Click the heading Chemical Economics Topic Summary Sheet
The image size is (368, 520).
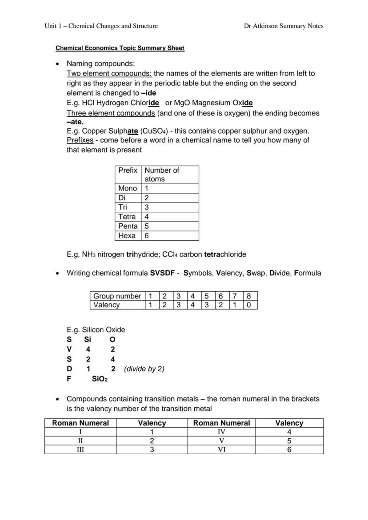[x=120, y=48]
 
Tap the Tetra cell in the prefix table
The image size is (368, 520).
[x=127, y=217]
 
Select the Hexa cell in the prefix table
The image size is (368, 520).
[x=127, y=236]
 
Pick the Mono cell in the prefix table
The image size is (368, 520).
[x=128, y=188]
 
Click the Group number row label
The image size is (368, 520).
[x=117, y=296]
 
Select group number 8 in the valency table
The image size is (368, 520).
[x=249, y=296]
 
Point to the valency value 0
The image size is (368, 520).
[x=249, y=305]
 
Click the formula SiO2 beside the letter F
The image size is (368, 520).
[x=100, y=379]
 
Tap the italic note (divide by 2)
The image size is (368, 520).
[x=144, y=369]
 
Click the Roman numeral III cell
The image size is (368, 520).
[x=80, y=449]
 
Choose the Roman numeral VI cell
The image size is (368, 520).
[x=221, y=449]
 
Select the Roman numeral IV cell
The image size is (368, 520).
[x=221, y=432]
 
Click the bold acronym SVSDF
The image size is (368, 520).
[x=162, y=273]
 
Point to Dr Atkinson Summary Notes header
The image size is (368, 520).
[x=284, y=26]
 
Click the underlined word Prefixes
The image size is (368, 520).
[x=80, y=140]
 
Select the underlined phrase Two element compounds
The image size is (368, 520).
[x=109, y=74]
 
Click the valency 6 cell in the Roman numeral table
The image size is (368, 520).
[x=289, y=449]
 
